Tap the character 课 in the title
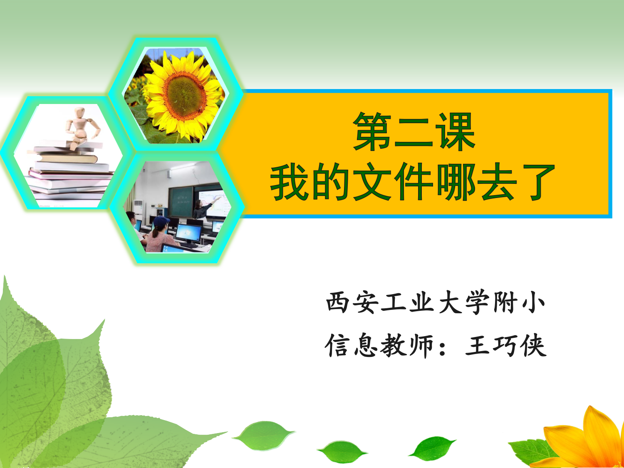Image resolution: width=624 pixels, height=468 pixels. pos(456,131)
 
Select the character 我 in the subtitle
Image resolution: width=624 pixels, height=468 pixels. pos(290,181)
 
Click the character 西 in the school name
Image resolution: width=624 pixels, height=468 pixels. pos(337,302)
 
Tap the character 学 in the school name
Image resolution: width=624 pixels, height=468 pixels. pos(478,302)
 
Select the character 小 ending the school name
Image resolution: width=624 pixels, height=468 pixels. pos(533,302)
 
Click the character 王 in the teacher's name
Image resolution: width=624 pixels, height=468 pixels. pos(478,346)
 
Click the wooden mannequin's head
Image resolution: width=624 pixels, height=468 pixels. pos(79,112)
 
